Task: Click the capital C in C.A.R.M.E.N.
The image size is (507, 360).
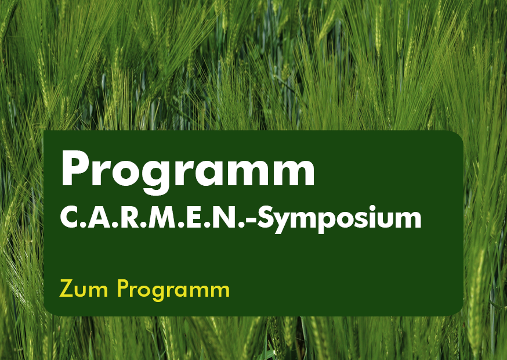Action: click(68, 218)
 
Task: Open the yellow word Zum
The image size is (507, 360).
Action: click(84, 289)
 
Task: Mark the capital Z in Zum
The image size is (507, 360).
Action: click(67, 288)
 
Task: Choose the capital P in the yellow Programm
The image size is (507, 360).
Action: click(123, 288)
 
